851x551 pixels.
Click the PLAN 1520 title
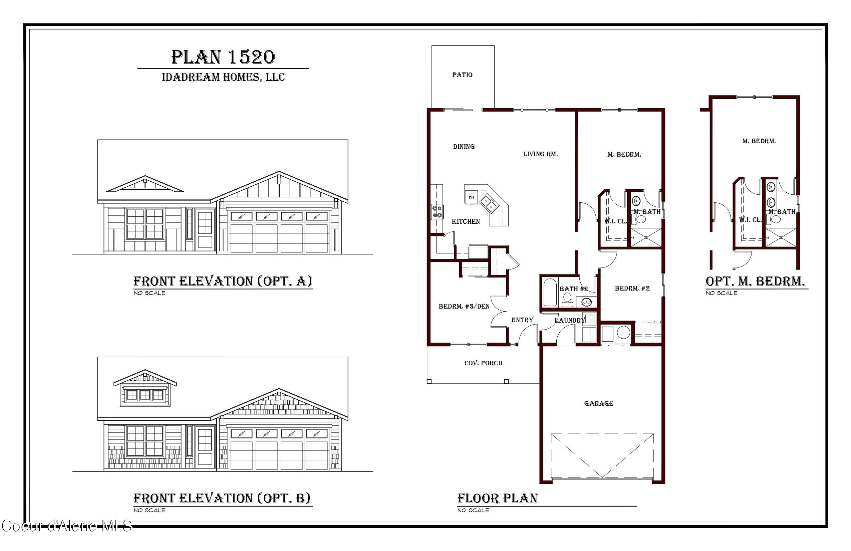pyautogui.click(x=223, y=57)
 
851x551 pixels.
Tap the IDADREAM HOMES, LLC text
pyautogui.click(x=223, y=77)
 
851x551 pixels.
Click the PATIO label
pyautogui.click(x=462, y=75)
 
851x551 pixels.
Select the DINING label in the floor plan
pyautogui.click(x=464, y=147)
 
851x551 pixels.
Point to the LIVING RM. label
pyautogui.click(x=540, y=154)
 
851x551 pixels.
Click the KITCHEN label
pyautogui.click(x=466, y=221)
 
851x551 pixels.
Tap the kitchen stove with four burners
pyautogui.click(x=437, y=211)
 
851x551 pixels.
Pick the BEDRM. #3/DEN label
pyautogui.click(x=464, y=306)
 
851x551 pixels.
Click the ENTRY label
pyautogui.click(x=522, y=320)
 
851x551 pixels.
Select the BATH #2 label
pyautogui.click(x=574, y=289)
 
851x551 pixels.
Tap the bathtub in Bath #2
pyautogui.click(x=550, y=292)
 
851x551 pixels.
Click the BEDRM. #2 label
pyautogui.click(x=632, y=288)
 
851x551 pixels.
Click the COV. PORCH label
pyautogui.click(x=484, y=363)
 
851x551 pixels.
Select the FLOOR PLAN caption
pyautogui.click(x=497, y=498)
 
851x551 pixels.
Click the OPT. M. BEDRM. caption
pyautogui.click(x=755, y=281)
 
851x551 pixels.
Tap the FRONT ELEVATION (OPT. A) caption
pyautogui.click(x=223, y=281)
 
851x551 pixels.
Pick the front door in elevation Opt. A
pyautogui.click(x=205, y=229)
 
